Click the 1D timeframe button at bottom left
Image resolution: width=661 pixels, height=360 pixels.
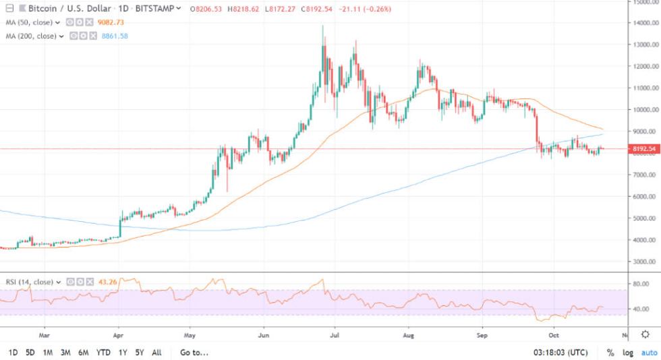(13, 353)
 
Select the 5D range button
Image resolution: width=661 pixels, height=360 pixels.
(30, 353)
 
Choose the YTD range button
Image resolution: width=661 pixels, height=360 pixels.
(103, 353)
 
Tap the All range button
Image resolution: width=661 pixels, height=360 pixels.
(156, 353)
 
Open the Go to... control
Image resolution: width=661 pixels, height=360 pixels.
(194, 353)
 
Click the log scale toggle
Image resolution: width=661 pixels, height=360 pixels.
(628, 353)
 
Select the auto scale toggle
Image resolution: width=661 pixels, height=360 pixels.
(648, 353)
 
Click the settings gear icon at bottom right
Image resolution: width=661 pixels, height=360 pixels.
(645, 334)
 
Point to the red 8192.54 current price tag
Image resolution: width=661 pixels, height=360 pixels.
(643, 148)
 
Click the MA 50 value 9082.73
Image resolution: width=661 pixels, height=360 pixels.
(112, 22)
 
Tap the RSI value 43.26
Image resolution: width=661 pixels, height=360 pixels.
(107, 281)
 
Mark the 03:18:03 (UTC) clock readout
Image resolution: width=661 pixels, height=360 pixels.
(561, 353)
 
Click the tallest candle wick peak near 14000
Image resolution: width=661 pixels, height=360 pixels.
(322, 26)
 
